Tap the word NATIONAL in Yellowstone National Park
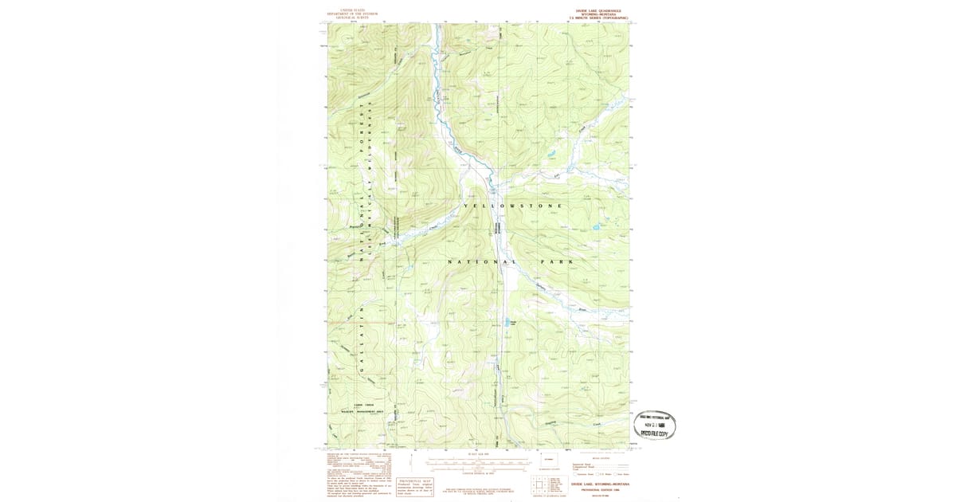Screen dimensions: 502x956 click(472, 262)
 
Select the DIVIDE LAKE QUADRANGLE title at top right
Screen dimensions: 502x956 click(598, 10)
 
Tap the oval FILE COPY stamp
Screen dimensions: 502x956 click(655, 426)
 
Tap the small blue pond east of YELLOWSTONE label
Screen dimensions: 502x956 click(594, 229)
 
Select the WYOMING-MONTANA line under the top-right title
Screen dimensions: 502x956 click(598, 14)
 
